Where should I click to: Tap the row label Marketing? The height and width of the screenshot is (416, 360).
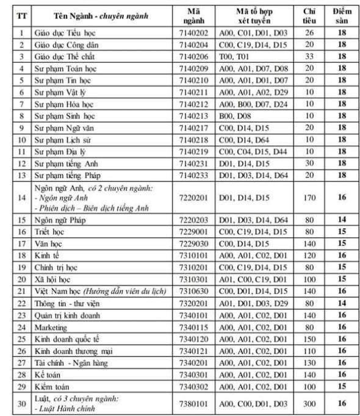click(52, 328)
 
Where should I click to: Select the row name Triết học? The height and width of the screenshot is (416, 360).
click(51, 232)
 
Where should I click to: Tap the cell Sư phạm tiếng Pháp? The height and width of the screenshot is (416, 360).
click(68, 175)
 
